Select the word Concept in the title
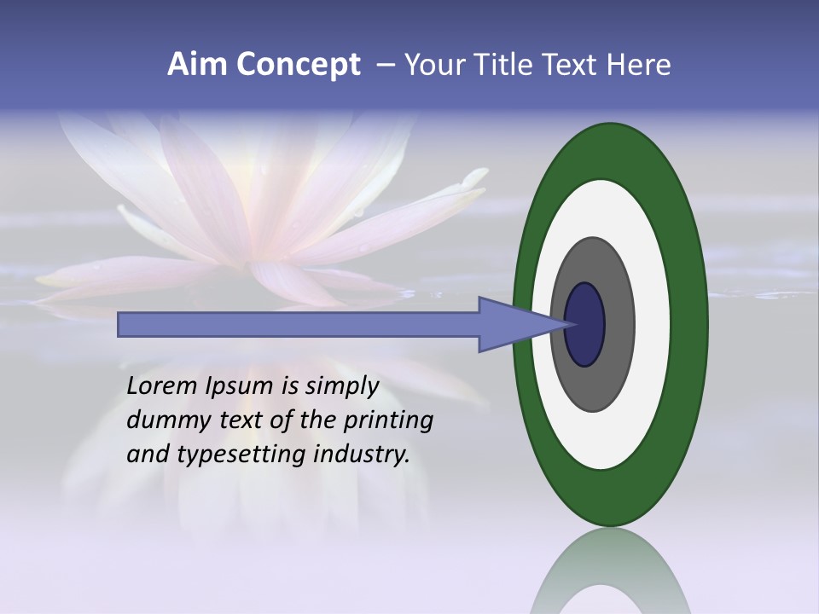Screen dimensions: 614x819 (298, 65)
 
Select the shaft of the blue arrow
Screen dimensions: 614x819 (299, 325)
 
